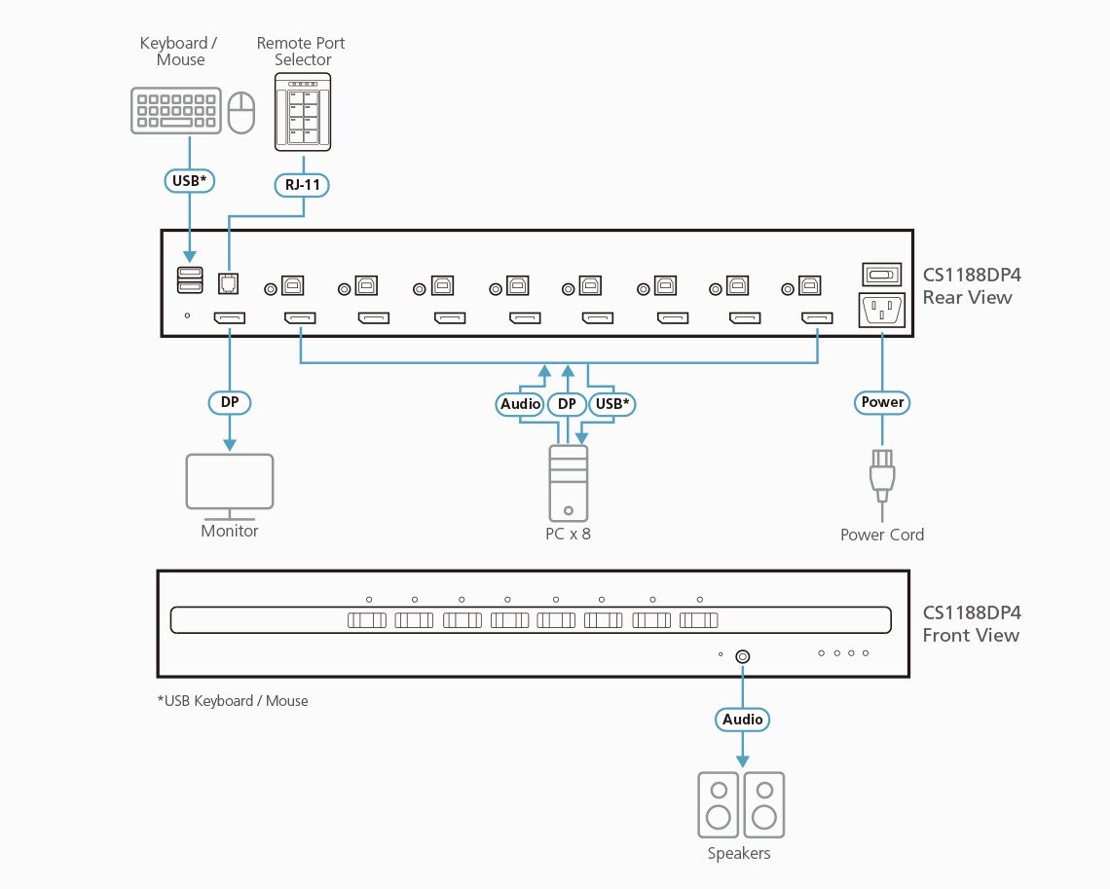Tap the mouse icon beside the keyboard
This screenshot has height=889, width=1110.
coord(240,112)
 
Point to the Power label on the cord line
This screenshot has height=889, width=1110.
coord(882,402)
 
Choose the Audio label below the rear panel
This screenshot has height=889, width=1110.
coord(520,403)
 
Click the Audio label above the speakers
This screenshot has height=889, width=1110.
coord(743,720)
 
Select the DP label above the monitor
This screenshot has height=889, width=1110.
coord(230,402)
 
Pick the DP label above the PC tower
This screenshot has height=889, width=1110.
coord(567,403)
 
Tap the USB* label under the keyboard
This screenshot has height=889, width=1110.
coord(188,181)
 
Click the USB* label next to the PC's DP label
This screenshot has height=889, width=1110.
coord(612,403)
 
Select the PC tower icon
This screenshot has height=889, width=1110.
coord(568,483)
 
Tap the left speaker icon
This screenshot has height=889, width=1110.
coord(719,804)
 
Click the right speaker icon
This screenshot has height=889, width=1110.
coord(764,804)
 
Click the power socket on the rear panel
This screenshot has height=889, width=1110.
coord(881,311)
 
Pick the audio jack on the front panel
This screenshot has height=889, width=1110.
coord(742,656)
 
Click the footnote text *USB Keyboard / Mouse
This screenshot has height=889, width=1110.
coord(232,700)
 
